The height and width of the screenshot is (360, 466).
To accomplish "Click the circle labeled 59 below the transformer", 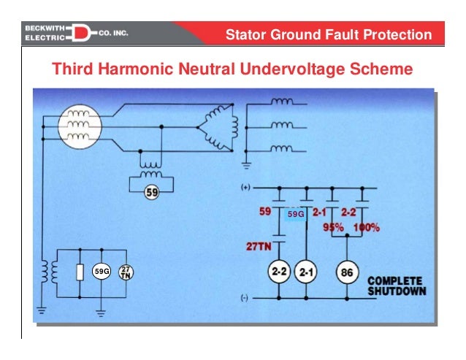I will point(152,194).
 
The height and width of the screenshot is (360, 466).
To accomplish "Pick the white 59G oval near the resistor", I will point(101,272).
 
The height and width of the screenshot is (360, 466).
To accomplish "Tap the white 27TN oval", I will point(126,272).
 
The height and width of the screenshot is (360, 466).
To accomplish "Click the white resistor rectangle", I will point(79,272).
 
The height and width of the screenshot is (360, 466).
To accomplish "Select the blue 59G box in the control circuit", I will point(294,215).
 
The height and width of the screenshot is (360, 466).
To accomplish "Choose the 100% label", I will point(367,227).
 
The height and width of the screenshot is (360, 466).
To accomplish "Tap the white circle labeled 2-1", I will point(306,273).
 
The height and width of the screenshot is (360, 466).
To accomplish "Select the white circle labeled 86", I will point(345,273).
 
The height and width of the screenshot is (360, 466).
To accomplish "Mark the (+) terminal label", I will point(247,188).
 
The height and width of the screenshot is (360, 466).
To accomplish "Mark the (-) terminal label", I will point(246,298).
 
